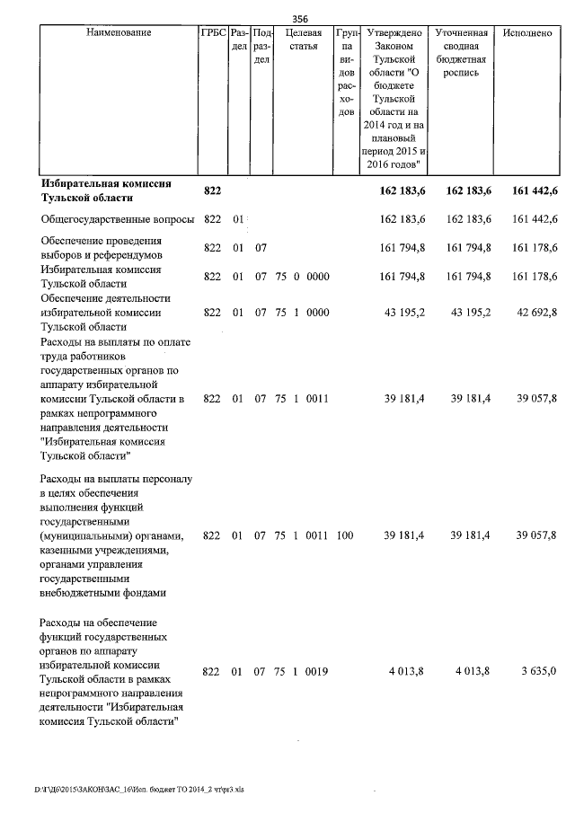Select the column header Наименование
coord(119,33)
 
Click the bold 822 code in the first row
coord(213,190)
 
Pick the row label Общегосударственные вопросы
coord(118,219)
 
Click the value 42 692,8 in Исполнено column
coord(535,312)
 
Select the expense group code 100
coord(345,535)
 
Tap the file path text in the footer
coord(138,790)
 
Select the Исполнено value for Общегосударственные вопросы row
coord(535,219)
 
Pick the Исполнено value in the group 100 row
coord(535,535)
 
